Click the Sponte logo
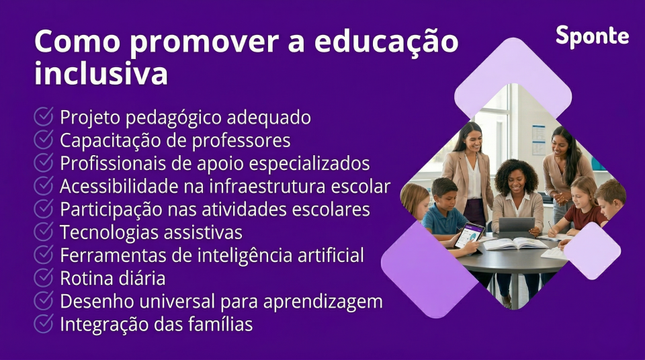coord(592,36)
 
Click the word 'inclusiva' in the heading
coord(101,73)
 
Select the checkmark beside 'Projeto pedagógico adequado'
coord(44,118)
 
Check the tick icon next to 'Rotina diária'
coord(44,277)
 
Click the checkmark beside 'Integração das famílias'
coord(44,324)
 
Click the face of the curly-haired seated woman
coord(514,179)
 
